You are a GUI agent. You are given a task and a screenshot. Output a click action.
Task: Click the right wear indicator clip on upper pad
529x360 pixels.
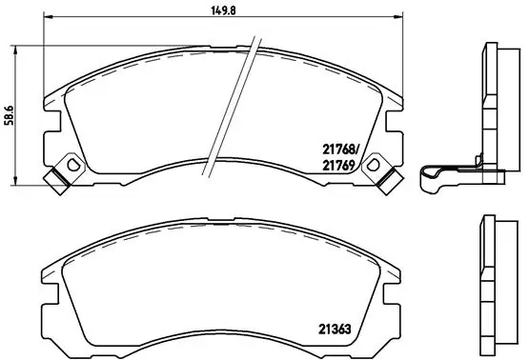(x=387, y=172)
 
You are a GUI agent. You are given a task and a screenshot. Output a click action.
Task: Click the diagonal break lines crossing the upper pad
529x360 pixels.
(x=234, y=105)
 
